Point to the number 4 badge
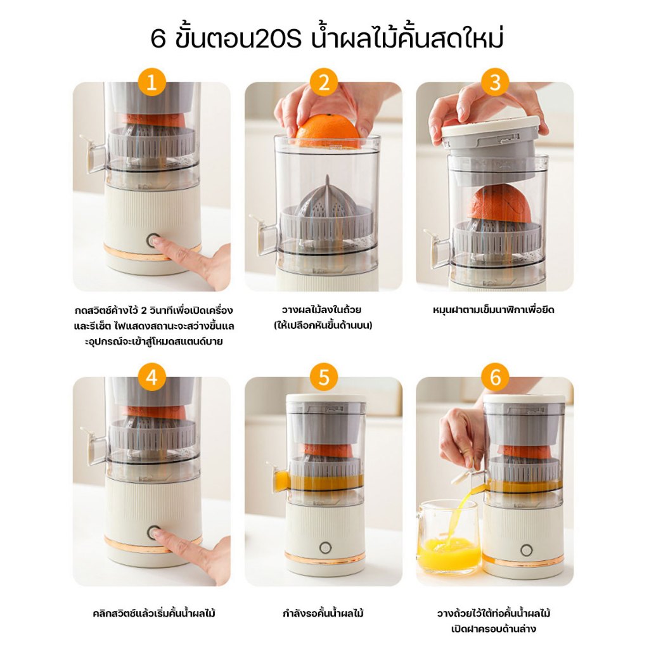(151, 377)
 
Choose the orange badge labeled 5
(324, 377)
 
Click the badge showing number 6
(495, 377)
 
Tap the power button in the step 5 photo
(325, 548)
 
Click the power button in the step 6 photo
(526, 550)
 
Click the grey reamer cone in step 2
(326, 198)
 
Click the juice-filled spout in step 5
(280, 479)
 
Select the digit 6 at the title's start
(158, 39)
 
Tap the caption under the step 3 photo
(493, 310)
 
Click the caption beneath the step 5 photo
(323, 613)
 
